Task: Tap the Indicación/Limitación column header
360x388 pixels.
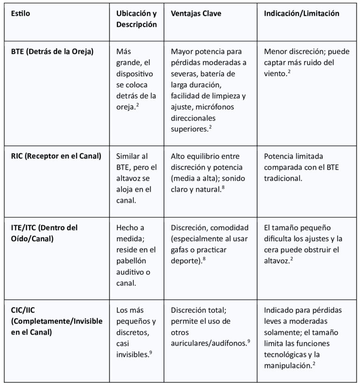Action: (301, 14)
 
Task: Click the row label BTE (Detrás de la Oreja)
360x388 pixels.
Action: (52, 51)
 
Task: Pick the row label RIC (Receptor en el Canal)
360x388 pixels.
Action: (56, 156)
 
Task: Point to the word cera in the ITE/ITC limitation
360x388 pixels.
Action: (272, 249)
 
